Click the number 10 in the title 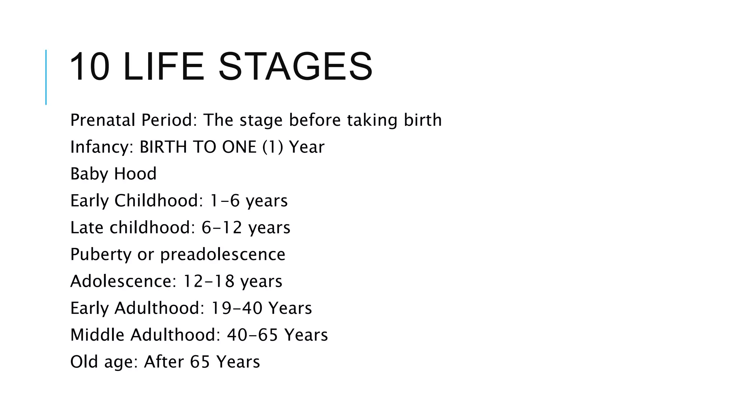[x=89, y=67]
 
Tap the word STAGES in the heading [x=295, y=67]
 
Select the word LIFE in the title [x=164, y=67]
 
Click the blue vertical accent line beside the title [x=46, y=77]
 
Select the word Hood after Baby [x=135, y=174]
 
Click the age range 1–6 [x=224, y=201]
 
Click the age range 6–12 [x=221, y=228]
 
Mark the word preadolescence [x=223, y=255]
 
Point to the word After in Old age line [x=164, y=362]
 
